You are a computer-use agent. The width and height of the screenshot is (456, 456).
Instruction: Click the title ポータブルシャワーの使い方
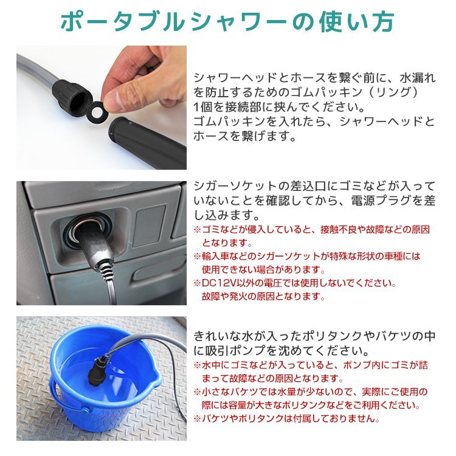(227, 22)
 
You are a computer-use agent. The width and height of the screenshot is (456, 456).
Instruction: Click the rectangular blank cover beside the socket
(149, 226)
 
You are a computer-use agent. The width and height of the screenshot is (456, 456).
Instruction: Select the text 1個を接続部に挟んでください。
(280, 107)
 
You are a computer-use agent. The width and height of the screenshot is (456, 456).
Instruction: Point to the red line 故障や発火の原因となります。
(263, 296)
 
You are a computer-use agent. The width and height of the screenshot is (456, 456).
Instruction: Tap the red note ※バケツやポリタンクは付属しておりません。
(287, 418)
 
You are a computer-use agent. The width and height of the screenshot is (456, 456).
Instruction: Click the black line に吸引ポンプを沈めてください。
(282, 350)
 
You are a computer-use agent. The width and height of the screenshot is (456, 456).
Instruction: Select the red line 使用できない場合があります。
(263, 269)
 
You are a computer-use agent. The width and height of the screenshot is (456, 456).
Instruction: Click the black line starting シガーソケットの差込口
(314, 186)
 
